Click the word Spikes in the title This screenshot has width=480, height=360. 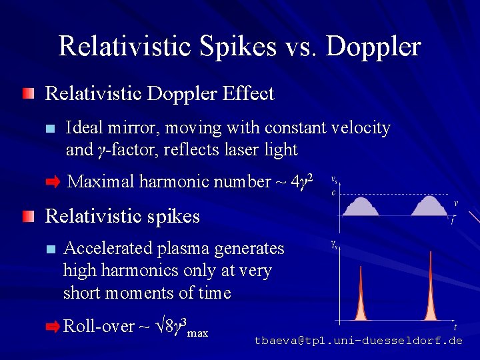241,47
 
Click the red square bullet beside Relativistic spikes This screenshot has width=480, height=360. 27,216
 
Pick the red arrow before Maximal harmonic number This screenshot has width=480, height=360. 53,182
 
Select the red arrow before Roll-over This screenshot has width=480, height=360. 53,327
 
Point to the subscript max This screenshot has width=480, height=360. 198,332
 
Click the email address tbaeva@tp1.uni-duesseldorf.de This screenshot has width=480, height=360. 358,341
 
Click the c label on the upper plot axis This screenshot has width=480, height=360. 333,193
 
